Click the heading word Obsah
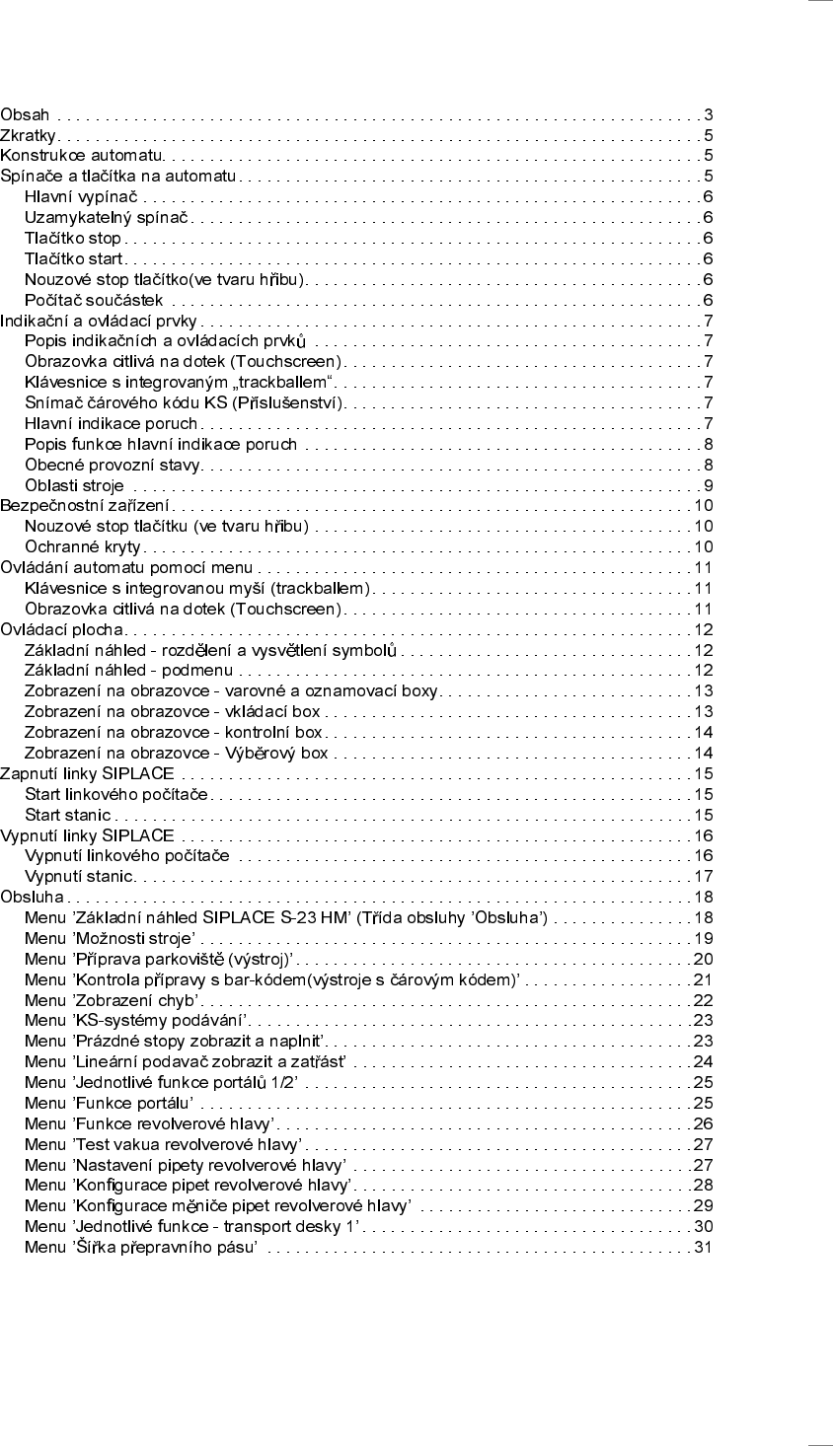pos(25,114)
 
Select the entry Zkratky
pos(28,135)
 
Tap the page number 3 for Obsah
pos(708,114)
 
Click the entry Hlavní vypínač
pos(81,196)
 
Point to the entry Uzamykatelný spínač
pos(106,217)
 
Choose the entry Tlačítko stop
pos(72,238)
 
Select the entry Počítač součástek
pos(94,300)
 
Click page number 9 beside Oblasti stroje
pos(708,485)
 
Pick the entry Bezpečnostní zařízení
pos(84,506)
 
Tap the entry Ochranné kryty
pos(83,546)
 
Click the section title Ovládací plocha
pos(61,629)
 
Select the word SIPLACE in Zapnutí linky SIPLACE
pos(138,773)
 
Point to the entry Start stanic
pos(67,815)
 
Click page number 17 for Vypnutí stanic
pos(703,876)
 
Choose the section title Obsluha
pos(32,897)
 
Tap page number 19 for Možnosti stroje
pos(703,938)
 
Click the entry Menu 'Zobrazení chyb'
pos(111,1000)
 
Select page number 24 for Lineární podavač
pos(703,1061)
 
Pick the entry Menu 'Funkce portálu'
pos(109,1103)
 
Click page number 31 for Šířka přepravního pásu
pos(703,1247)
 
